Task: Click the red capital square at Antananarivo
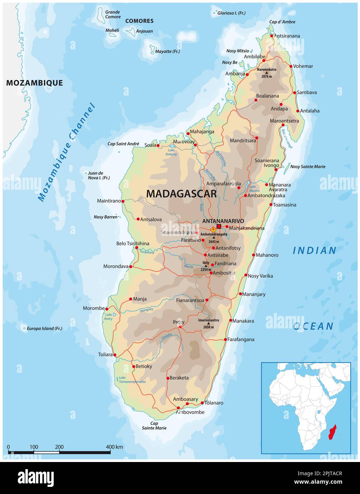pos(219,226)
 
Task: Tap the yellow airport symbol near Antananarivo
pos(213,229)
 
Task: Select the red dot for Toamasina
pos(271,205)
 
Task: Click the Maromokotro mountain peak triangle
pos(266,73)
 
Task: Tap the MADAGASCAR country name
pos(181,194)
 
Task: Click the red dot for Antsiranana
pos(272,36)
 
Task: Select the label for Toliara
pos(105,354)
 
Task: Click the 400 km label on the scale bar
pos(114,447)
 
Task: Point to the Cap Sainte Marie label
pos(154,425)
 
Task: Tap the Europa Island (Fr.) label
pos(44,328)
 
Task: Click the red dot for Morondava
pos(131,267)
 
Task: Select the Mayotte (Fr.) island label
pos(167,52)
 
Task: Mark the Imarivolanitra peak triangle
pos(208,323)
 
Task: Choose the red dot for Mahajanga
pos(188,134)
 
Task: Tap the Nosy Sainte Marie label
pos(308,167)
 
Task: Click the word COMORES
pos(139,21)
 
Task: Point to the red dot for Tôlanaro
pos(202,403)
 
